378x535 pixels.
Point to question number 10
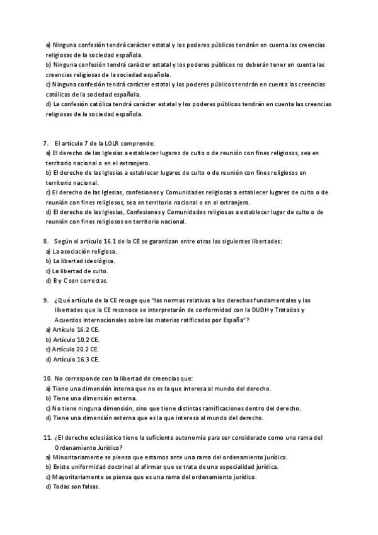point(47,378)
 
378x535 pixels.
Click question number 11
point(47,437)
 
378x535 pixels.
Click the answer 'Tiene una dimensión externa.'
point(94,398)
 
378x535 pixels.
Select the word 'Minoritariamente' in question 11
point(78,457)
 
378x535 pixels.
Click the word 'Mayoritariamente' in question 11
point(79,476)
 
